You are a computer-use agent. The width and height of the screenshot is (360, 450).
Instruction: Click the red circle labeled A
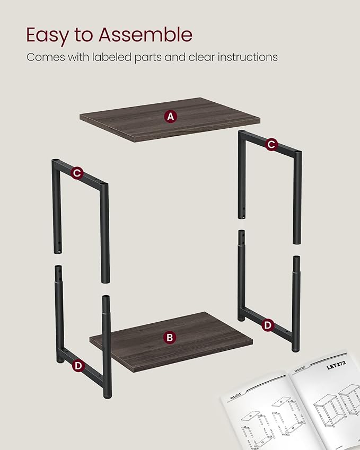pyautogui.click(x=170, y=117)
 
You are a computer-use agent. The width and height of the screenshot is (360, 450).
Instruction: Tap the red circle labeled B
pyautogui.click(x=170, y=337)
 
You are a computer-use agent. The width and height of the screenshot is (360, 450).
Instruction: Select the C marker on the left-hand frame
pyautogui.click(x=77, y=172)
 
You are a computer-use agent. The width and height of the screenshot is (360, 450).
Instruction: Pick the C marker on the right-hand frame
pyautogui.click(x=271, y=144)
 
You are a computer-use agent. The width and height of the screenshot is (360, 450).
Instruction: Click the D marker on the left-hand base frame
pyautogui.click(x=78, y=365)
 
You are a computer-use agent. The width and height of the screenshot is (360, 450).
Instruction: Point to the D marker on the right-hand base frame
pyautogui.click(x=268, y=324)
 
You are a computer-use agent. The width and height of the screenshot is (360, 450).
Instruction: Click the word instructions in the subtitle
pyautogui.click(x=247, y=57)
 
